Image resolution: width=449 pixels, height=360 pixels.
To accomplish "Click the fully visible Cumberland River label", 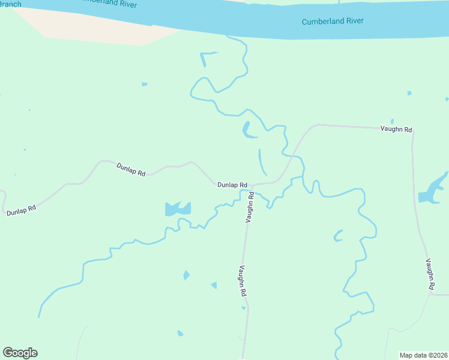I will coord(333,21).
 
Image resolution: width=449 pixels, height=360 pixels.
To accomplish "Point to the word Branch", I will coord(10,4).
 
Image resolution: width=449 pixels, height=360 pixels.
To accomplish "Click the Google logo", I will coord(20,353).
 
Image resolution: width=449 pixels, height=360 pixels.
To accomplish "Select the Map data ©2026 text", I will coord(423,355).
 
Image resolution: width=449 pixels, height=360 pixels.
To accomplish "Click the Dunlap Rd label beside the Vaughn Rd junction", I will coord(233,185).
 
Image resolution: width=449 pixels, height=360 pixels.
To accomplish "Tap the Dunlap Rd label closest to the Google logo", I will coord(22,210).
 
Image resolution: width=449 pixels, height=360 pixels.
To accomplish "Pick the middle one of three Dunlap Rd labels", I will coord(131,169).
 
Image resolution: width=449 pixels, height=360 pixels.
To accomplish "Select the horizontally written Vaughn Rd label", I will coord(396,129).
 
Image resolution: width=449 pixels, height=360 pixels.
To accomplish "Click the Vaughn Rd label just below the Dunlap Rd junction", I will coord(250,208).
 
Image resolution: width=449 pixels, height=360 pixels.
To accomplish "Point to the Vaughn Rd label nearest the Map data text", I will coord(430,275).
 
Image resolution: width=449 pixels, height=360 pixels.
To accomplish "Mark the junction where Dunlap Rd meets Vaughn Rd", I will coord(251,185).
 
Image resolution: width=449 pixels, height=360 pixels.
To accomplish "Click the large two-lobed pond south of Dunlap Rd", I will coord(178,209).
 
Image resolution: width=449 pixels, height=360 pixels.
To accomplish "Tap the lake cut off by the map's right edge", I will coord(433,191).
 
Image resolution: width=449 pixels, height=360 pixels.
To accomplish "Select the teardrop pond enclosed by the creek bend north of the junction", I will coord(246,129).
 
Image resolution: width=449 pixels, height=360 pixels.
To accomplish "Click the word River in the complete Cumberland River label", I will coord(354,21).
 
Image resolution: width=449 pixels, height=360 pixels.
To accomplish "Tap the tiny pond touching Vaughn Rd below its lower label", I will coord(244,308).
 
